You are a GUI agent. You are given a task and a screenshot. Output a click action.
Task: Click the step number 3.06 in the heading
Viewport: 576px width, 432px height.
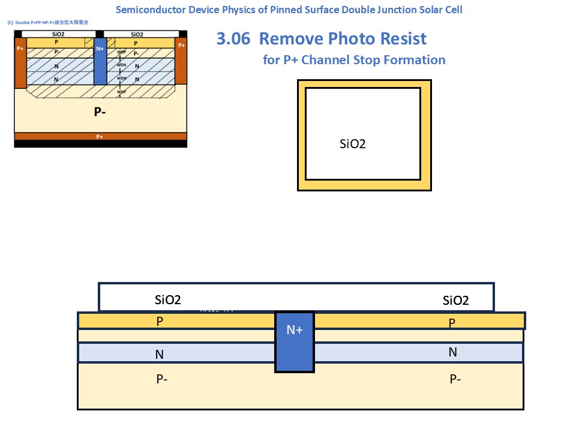coord(235,39)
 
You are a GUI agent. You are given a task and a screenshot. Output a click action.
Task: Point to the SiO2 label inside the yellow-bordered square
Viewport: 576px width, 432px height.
coord(353,144)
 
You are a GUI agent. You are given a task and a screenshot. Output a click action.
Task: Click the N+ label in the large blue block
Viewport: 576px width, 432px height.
coord(295,329)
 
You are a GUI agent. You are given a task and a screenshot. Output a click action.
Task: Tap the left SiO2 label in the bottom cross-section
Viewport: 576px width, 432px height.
coord(168,300)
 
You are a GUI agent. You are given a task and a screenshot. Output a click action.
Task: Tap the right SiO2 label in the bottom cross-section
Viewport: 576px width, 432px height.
coord(455,301)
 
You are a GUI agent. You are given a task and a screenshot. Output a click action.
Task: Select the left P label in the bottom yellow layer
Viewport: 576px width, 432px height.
coord(160,321)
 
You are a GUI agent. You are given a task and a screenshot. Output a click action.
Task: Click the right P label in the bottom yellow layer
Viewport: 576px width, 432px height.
coord(452,323)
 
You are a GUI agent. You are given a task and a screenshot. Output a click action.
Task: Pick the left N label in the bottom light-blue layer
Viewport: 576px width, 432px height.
coord(159,355)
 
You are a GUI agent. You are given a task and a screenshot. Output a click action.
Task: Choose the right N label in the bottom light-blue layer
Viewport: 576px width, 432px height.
coord(452,352)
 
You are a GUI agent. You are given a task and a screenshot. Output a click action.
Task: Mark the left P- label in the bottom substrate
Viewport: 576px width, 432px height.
coord(161,379)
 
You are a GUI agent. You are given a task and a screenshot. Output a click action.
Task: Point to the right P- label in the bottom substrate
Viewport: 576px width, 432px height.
coord(455,379)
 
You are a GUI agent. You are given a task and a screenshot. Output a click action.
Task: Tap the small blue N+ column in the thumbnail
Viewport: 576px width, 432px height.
coord(100,60)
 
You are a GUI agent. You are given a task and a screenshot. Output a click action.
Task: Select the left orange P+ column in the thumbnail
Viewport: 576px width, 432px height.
coord(21,63)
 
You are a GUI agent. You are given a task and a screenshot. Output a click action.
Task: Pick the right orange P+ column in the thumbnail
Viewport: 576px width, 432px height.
coord(181,60)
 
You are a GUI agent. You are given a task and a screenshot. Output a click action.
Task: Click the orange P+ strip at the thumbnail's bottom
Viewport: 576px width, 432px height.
coord(100,137)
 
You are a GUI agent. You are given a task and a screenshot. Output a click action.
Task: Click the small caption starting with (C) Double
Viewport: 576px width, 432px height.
coord(46,22)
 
